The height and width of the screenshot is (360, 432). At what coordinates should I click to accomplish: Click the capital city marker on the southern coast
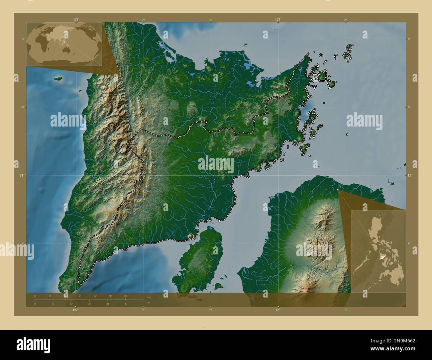(191, 236)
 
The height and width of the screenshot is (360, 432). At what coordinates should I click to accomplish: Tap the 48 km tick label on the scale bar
(125, 296)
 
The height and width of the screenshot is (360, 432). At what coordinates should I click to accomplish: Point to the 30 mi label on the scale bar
(126, 304)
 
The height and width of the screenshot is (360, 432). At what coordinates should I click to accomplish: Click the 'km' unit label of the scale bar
(149, 297)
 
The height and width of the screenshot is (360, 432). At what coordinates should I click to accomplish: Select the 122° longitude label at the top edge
(76, 19)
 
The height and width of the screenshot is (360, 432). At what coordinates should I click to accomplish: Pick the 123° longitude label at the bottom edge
(278, 310)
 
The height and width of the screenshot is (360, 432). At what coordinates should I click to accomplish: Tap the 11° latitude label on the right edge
(410, 175)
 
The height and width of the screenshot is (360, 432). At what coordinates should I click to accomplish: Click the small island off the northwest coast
(58, 79)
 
